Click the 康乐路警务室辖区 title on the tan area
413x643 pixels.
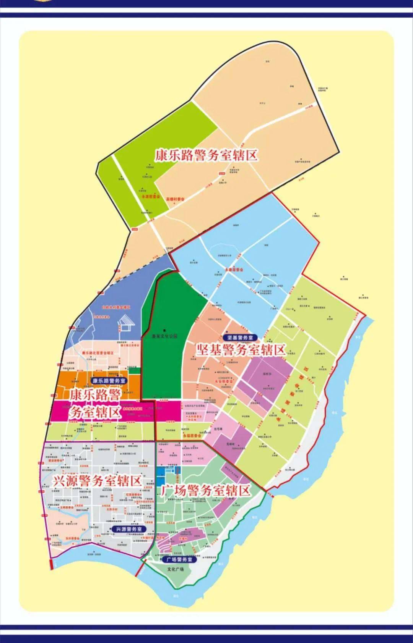(x=206, y=155)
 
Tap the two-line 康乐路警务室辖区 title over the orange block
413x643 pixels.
(x=94, y=404)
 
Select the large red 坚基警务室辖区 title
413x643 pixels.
(x=241, y=350)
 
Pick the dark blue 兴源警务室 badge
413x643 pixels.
(x=129, y=529)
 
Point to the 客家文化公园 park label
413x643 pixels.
(x=164, y=336)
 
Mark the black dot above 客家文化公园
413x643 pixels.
(x=165, y=330)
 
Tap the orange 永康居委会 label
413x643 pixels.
(x=234, y=270)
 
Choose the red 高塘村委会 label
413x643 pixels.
(x=175, y=199)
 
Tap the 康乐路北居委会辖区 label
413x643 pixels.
(x=98, y=353)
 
